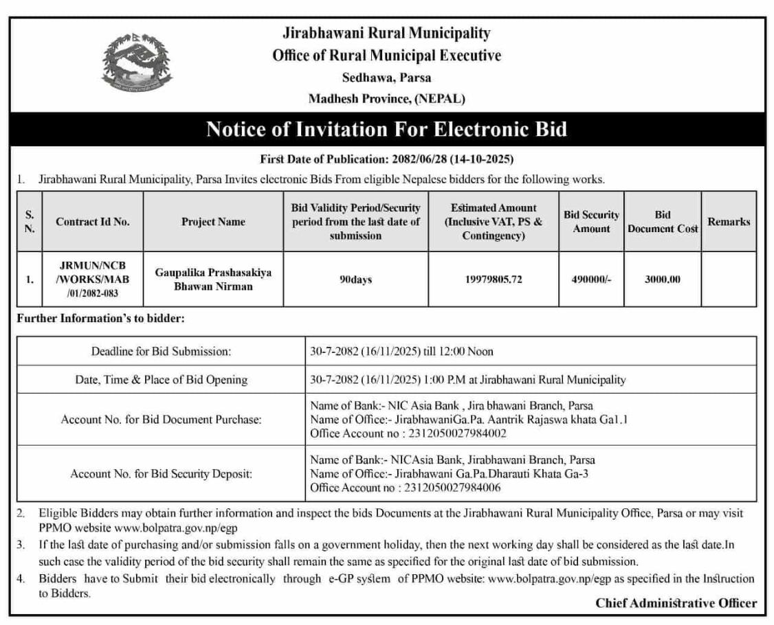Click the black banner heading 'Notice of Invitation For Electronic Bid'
pyautogui.click(x=387, y=129)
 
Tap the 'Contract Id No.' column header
pyautogui.click(x=93, y=222)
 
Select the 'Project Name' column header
pyautogui.click(x=213, y=222)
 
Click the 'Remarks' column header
pyautogui.click(x=729, y=222)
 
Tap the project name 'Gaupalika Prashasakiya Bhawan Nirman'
pyautogui.click(x=213, y=280)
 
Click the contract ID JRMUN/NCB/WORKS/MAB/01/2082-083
pyautogui.click(x=92, y=280)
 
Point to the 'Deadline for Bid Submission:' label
pyautogui.click(x=161, y=352)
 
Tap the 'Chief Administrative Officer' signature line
pyautogui.click(x=676, y=603)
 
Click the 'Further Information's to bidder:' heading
pyautogui.click(x=100, y=319)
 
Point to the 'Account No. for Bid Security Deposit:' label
pyautogui.click(x=161, y=474)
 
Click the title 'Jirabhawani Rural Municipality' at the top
pyautogui.click(x=387, y=33)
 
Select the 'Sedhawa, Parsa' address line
pyautogui.click(x=387, y=78)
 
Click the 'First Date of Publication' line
pyautogui.click(x=387, y=159)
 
